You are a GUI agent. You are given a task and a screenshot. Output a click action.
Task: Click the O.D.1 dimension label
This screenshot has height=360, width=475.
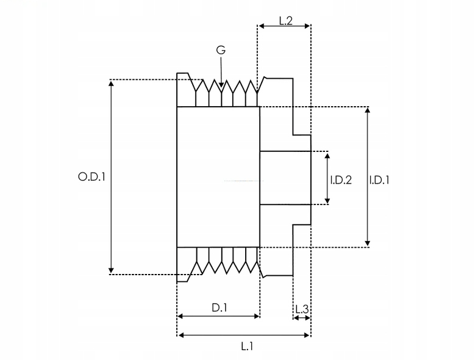click(92, 178)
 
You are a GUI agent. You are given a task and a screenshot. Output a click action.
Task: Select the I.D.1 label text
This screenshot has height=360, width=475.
click(379, 180)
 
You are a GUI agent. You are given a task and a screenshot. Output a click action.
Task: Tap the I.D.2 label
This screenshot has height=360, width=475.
click(341, 180)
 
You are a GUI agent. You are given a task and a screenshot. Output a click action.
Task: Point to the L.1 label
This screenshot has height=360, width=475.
click(246, 346)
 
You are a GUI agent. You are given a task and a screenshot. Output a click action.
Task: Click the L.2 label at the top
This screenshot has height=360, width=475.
click(285, 20)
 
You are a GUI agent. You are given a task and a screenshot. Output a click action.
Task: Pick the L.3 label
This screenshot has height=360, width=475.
click(301, 309)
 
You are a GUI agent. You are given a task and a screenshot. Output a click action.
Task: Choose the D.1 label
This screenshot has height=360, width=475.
click(220, 308)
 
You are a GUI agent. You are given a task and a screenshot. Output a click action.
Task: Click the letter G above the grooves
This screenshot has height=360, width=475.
click(221, 50)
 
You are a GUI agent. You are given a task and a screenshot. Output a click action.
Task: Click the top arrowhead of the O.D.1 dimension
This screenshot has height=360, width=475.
click(110, 84)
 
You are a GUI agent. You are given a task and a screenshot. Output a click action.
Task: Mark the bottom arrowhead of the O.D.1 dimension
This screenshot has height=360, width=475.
click(110, 270)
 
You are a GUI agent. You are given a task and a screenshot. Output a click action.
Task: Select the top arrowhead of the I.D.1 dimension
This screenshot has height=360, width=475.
click(368, 111)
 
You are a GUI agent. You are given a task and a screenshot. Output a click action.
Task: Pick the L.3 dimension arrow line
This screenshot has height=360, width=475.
click(301, 317)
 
